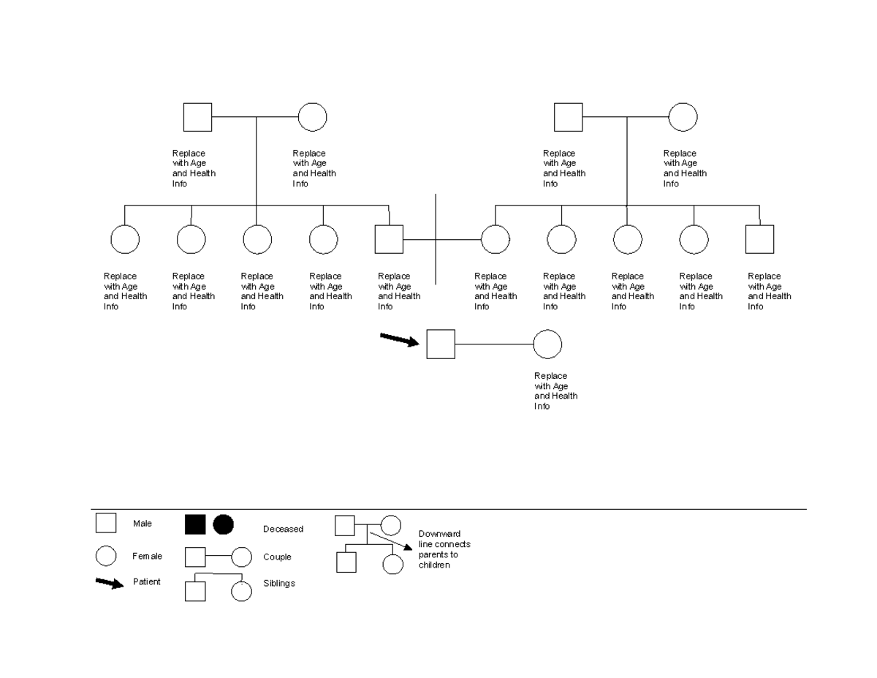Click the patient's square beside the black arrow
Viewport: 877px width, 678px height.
point(441,344)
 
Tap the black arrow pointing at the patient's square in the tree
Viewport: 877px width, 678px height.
point(399,339)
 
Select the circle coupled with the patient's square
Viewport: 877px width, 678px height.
point(547,344)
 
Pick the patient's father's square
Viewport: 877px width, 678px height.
point(389,239)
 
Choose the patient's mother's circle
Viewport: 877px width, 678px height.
point(496,239)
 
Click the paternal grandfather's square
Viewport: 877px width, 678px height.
point(197,117)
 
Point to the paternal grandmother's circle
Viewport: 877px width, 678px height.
point(312,117)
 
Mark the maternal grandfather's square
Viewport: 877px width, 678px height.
point(568,117)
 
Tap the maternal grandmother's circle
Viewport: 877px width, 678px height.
point(683,117)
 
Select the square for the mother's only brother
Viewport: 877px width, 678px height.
point(759,239)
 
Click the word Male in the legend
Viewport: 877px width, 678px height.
point(143,524)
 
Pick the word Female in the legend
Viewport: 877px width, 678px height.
point(147,556)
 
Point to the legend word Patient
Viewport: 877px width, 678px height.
point(147,582)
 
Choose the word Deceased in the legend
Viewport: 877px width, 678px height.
point(283,529)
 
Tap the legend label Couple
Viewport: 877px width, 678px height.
point(277,557)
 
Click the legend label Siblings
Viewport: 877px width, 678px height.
point(279,584)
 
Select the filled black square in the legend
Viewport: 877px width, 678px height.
point(195,524)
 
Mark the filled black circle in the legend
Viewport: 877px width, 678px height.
point(224,524)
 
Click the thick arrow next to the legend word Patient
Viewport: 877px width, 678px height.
point(110,583)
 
